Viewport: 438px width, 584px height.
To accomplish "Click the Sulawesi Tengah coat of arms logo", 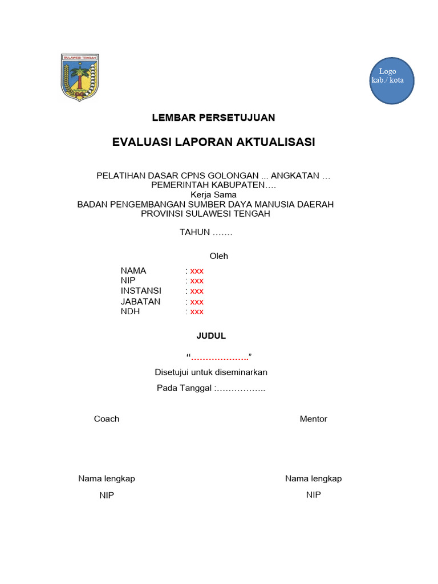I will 80,78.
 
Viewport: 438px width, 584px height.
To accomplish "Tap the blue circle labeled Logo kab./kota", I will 391,80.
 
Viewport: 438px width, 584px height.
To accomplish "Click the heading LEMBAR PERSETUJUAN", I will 213,117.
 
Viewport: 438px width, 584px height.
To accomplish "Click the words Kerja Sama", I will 213,194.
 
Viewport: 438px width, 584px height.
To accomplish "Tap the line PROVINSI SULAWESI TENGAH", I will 205,214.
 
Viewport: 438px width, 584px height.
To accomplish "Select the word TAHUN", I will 195,232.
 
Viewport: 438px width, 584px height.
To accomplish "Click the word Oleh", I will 218,256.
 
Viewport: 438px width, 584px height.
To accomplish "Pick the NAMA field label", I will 133,270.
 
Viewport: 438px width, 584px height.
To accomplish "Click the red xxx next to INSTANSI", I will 197,291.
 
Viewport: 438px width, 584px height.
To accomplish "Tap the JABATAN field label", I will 140,301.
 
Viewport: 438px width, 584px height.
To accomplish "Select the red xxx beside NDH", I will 197,311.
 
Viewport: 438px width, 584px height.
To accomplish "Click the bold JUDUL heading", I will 211,336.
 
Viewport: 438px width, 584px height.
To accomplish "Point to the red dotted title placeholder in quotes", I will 220,357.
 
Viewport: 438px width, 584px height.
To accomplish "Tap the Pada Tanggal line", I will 211,388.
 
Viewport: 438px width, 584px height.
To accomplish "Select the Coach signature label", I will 107,419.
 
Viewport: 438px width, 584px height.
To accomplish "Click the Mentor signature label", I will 313,419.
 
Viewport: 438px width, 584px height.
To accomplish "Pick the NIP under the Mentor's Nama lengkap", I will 313,494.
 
